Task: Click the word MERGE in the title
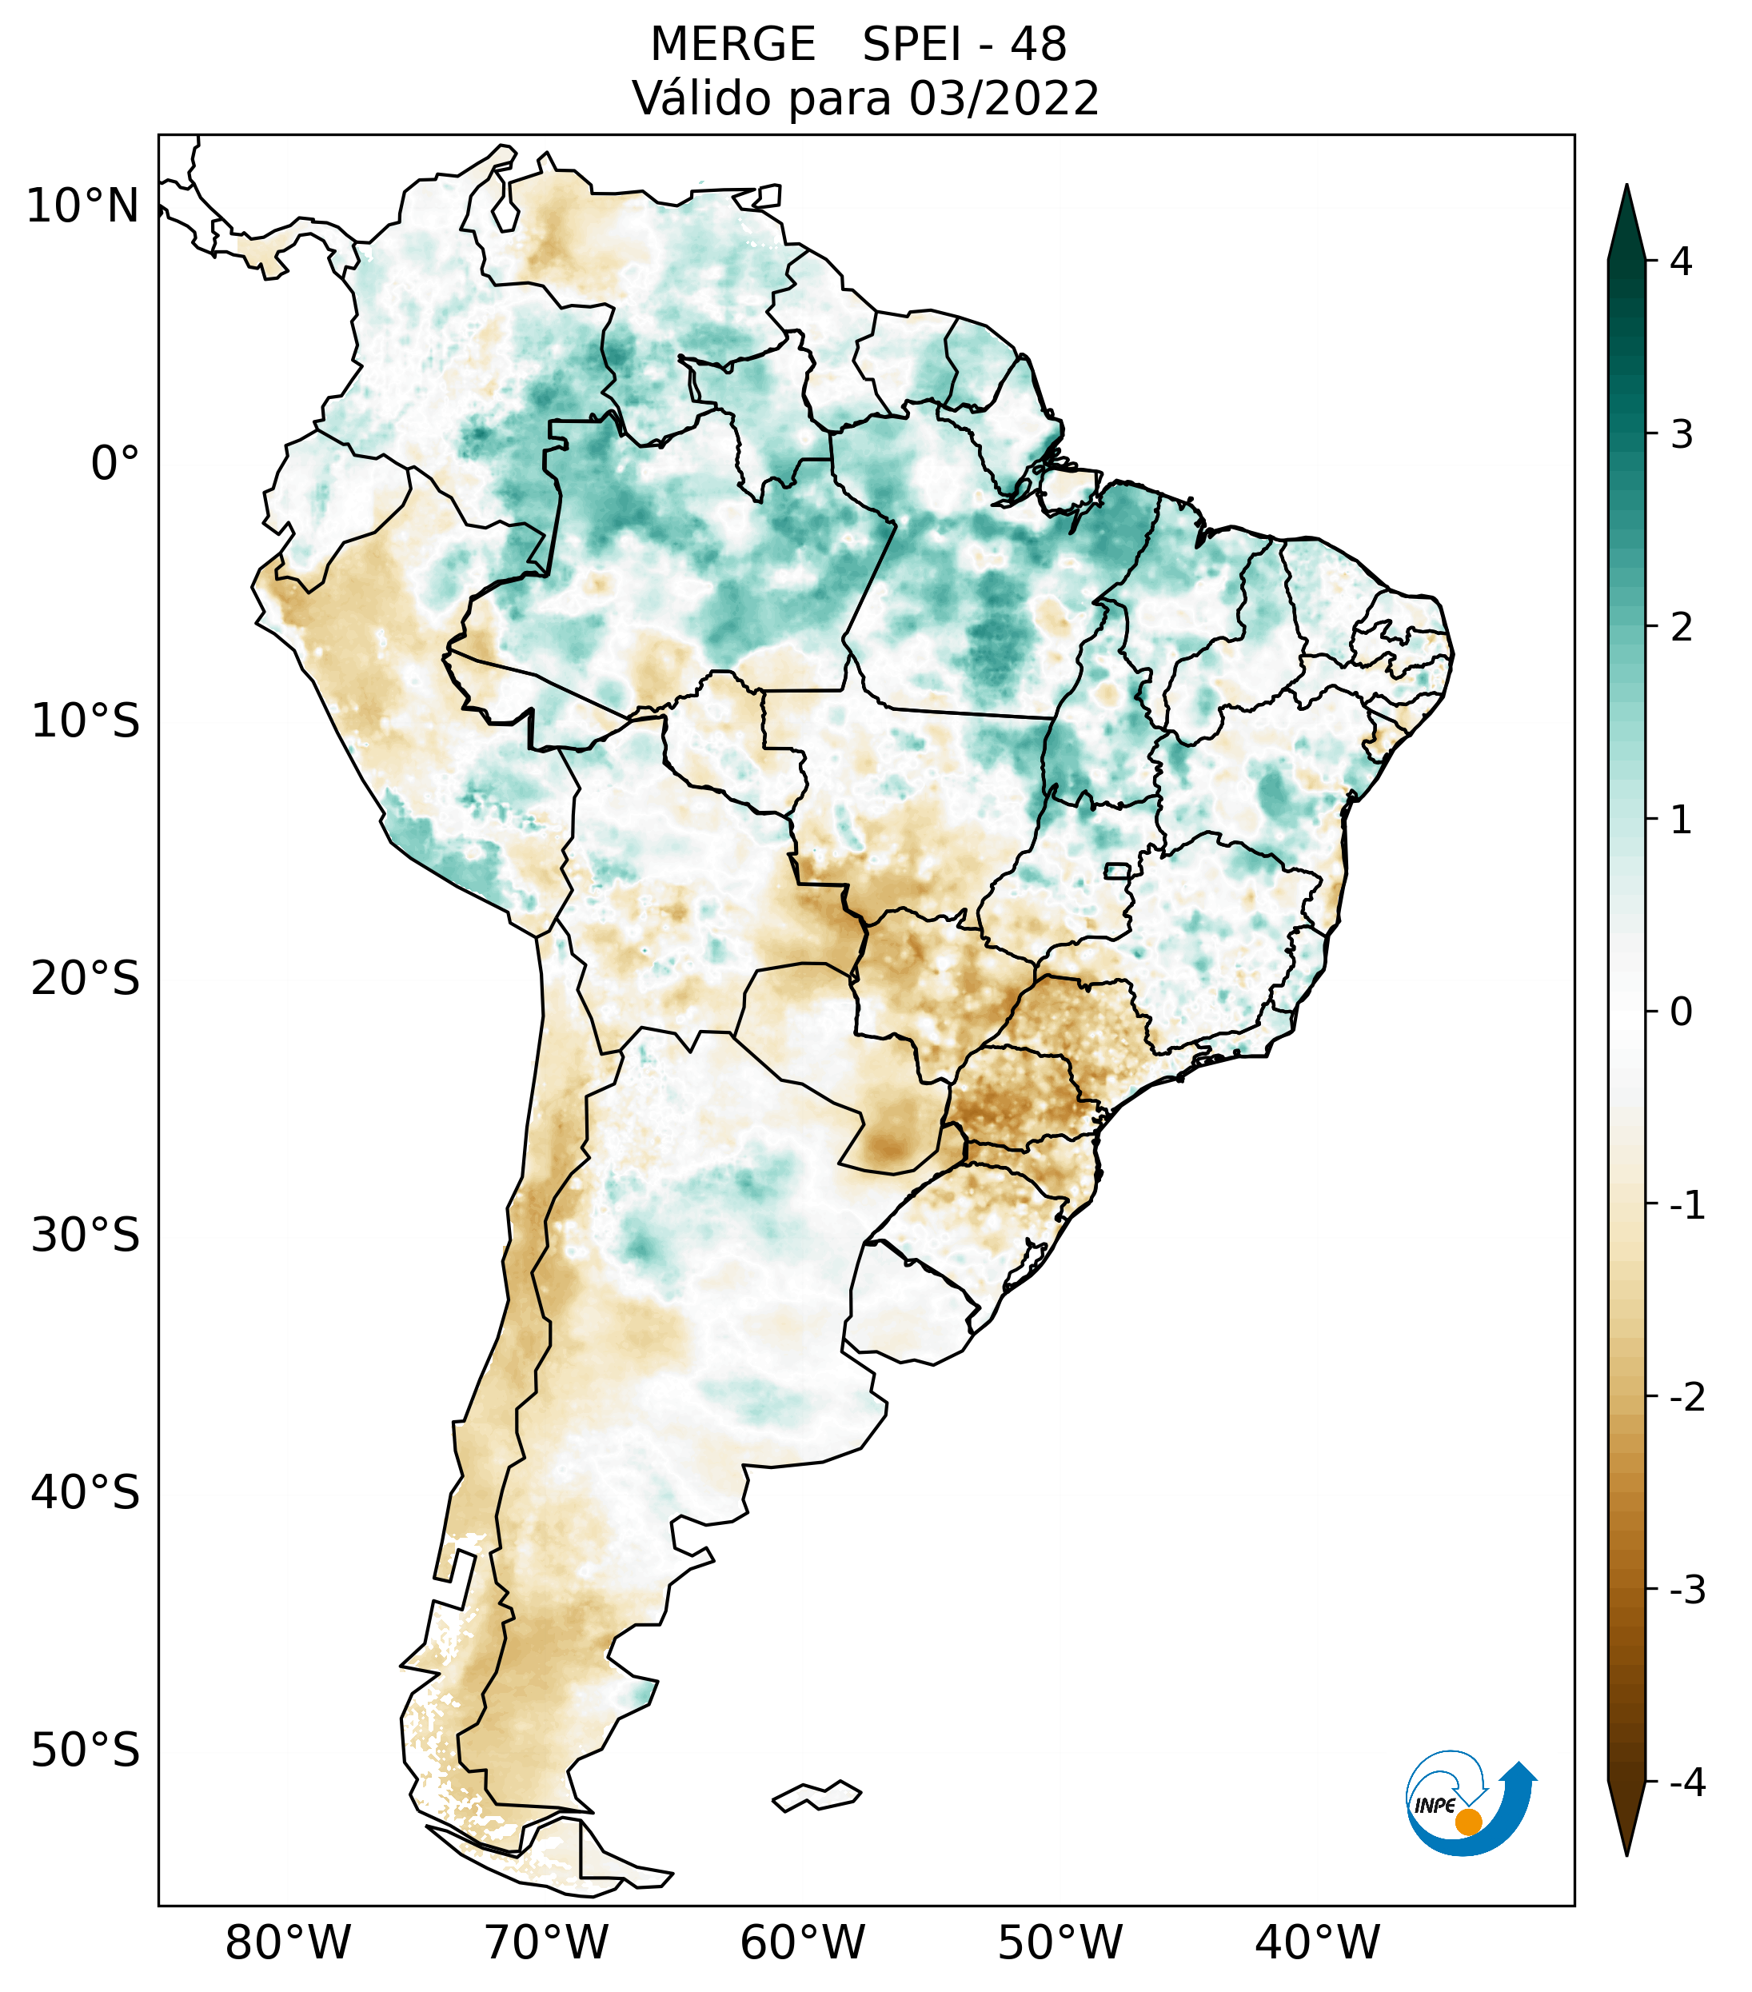[732, 45]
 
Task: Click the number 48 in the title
[1038, 45]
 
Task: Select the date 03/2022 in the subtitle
[1004, 98]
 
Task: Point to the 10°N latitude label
[82, 206]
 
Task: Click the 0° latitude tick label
[115, 463]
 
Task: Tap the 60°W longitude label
[802, 1942]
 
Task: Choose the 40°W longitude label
[1318, 1942]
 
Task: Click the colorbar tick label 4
[1681, 261]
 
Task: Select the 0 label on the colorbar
[1681, 1012]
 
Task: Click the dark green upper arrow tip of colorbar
[1626, 219]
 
